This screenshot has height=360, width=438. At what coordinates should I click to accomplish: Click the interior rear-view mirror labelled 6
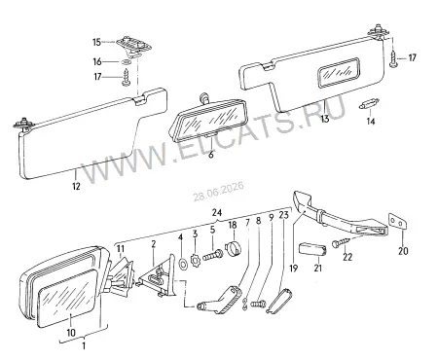pyautogui.click(x=209, y=118)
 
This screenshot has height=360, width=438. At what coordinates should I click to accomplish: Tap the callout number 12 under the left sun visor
pyautogui.click(x=76, y=186)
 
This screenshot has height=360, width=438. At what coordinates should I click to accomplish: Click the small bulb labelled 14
pyautogui.click(x=369, y=105)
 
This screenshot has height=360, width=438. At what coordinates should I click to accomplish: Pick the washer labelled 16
pyautogui.click(x=127, y=62)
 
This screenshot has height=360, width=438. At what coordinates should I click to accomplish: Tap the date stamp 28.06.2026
pyautogui.click(x=219, y=192)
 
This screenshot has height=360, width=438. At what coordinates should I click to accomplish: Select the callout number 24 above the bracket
pyautogui.click(x=217, y=213)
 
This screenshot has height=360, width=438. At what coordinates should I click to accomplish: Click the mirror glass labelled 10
pyautogui.click(x=67, y=298)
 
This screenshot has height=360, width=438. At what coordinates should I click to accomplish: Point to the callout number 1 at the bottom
pyautogui.click(x=84, y=345)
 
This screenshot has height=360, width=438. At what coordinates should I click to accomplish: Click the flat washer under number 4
pyautogui.click(x=183, y=264)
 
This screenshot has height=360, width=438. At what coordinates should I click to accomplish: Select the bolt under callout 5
pyautogui.click(x=212, y=256)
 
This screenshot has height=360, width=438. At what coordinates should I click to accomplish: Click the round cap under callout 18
pyautogui.click(x=234, y=249)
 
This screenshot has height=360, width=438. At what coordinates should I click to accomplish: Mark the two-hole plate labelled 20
pyautogui.click(x=396, y=222)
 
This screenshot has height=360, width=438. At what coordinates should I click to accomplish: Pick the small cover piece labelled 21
pyautogui.click(x=311, y=250)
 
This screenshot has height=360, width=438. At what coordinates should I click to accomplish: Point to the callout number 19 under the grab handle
pyautogui.click(x=294, y=269)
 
